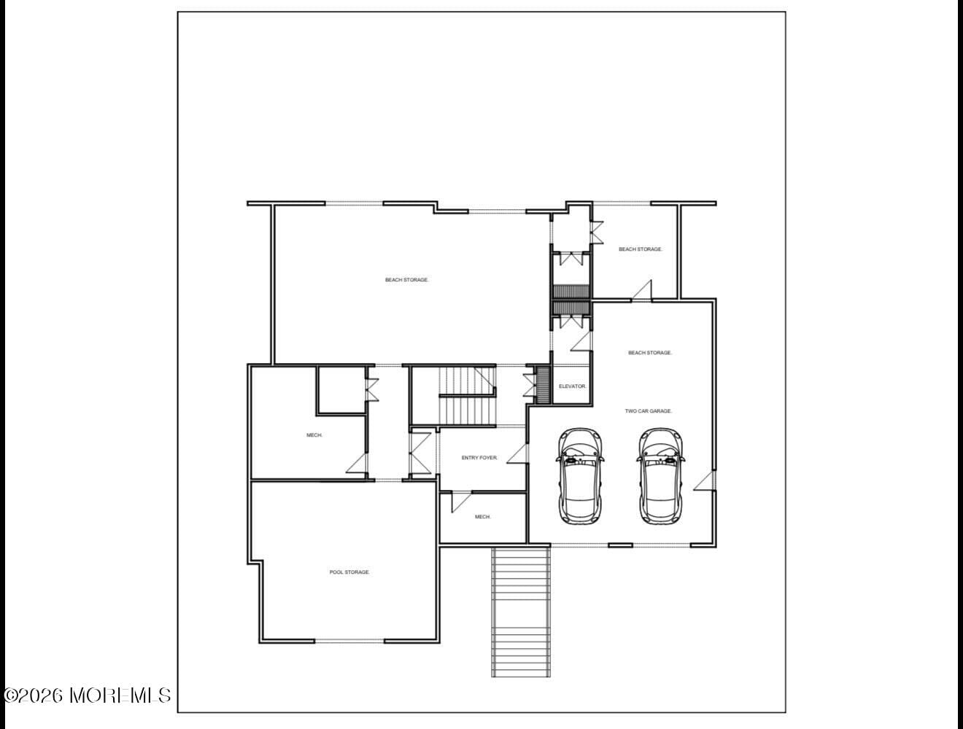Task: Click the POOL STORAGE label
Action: (349, 572)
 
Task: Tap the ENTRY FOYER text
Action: (479, 458)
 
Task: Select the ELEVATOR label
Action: (572, 386)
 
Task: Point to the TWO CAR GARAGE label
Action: (648, 411)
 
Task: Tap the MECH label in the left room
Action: (314, 435)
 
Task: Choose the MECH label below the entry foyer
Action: (483, 517)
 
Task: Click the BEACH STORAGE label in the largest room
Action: (406, 280)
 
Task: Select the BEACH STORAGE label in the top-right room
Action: (640, 249)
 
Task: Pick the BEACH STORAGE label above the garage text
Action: (650, 353)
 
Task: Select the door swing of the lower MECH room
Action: (461, 502)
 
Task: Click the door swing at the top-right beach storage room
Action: (642, 290)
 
